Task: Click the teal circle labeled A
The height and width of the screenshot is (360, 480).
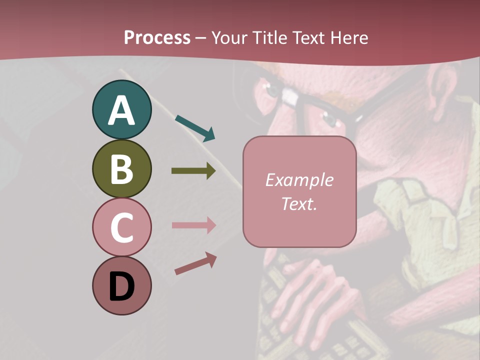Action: (x=121, y=110)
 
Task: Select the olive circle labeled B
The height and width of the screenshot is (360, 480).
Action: (x=121, y=169)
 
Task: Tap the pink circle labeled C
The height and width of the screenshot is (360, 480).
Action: (x=121, y=227)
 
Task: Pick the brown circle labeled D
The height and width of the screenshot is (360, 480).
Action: (x=121, y=286)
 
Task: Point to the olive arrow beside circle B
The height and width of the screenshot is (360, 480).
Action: (x=193, y=171)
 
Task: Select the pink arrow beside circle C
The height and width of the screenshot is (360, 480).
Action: (x=193, y=225)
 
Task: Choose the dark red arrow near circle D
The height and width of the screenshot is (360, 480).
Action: (x=195, y=263)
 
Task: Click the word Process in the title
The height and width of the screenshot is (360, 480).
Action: (x=157, y=37)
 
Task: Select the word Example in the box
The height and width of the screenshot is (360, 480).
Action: (x=299, y=180)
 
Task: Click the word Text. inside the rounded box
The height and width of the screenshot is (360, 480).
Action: (x=299, y=203)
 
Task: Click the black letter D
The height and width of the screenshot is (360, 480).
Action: (x=121, y=287)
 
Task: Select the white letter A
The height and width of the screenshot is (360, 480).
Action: (x=121, y=111)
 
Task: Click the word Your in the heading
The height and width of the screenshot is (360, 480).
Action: (x=230, y=37)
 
